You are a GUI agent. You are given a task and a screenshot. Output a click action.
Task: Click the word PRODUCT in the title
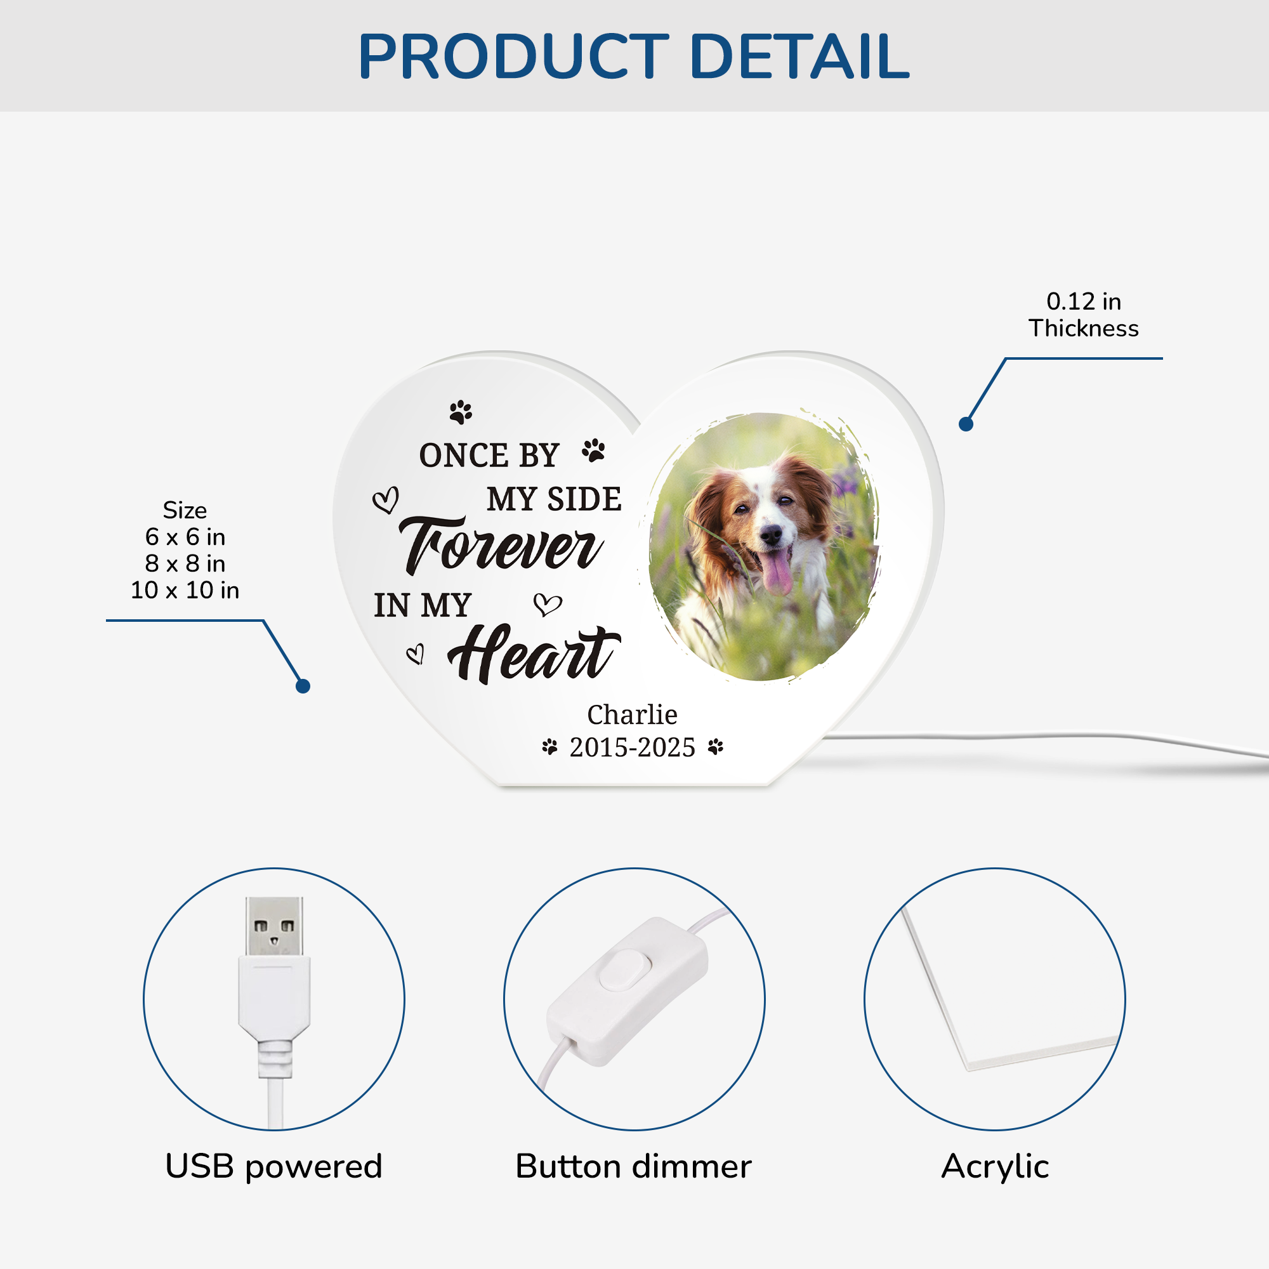[513, 56]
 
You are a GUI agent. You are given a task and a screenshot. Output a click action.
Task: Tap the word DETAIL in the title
[799, 56]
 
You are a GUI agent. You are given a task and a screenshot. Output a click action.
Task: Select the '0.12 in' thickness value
[1083, 301]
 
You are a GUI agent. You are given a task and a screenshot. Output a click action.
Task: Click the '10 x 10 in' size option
[185, 590]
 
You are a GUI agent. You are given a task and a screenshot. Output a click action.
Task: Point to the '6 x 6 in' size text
[185, 537]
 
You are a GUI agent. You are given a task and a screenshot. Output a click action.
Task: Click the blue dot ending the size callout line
[303, 687]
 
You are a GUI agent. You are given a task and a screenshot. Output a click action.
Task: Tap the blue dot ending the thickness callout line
[966, 424]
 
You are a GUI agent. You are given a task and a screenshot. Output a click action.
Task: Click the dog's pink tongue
[777, 573]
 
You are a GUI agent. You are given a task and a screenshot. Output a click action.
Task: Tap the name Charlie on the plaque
[632, 714]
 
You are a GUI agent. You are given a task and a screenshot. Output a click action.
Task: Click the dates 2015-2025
[632, 747]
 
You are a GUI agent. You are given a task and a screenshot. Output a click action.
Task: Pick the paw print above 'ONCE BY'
[461, 412]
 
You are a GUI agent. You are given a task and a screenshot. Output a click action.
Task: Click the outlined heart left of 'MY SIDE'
[386, 500]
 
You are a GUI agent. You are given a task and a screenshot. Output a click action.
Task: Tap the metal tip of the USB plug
[275, 926]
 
